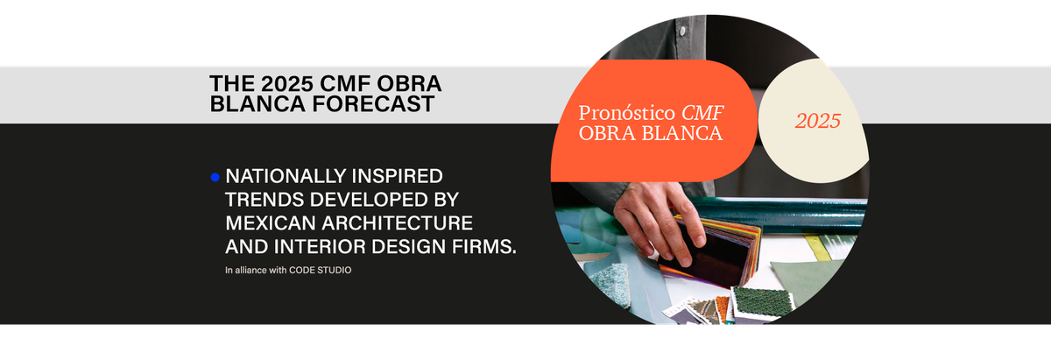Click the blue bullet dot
[x=215, y=178]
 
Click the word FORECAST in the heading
[x=373, y=103]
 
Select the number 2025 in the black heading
[x=287, y=83]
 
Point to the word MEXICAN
[x=271, y=223]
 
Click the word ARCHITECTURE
[x=398, y=223]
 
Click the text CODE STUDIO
[x=320, y=271]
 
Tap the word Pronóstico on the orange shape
[x=626, y=113]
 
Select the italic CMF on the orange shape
[x=702, y=113]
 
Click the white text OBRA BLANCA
[x=650, y=133]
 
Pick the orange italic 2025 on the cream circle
[x=818, y=121]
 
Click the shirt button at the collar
[x=682, y=31]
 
